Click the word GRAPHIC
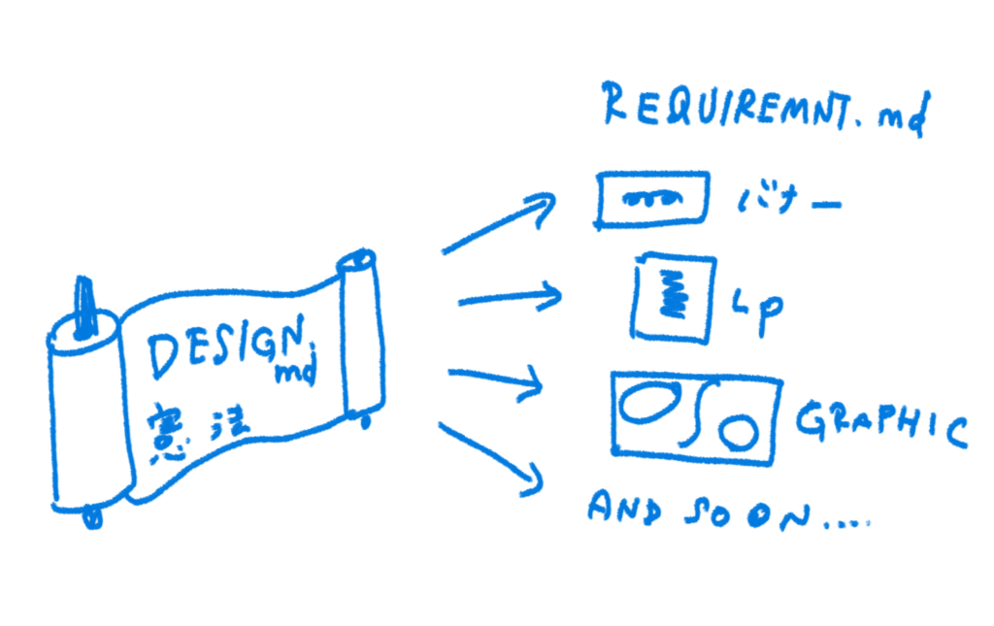[x=881, y=425]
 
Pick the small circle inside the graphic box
[x=737, y=429]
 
